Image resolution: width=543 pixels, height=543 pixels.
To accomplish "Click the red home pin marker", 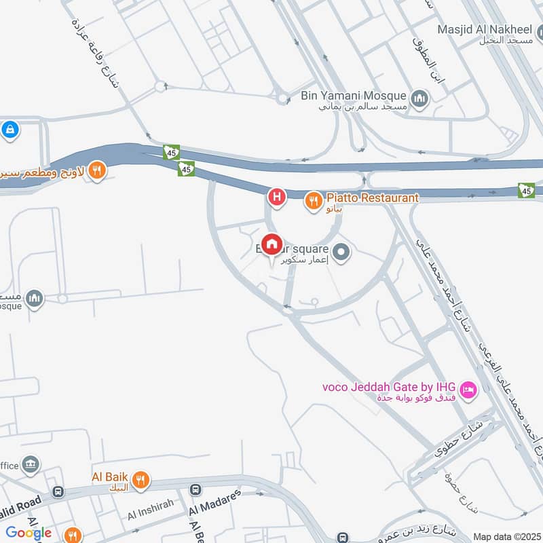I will coord(271,244).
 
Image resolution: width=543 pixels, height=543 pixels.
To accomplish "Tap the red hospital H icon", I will coord(277,198).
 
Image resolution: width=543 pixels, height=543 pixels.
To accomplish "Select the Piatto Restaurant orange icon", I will coord(313,200).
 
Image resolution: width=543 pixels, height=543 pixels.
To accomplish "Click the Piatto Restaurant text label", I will coord(373,198).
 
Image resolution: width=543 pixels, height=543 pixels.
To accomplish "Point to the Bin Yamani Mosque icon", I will coord(421,98).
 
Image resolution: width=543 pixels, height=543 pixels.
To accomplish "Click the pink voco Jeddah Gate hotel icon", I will coord(468,390).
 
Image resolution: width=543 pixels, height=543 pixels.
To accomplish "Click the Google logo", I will coord(29,532).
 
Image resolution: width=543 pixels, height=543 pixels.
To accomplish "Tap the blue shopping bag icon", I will coord(10,129).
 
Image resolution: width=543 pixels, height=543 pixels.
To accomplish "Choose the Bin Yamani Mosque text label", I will coord(354,96).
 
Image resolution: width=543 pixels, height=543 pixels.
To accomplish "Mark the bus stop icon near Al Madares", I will coord(195,489).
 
